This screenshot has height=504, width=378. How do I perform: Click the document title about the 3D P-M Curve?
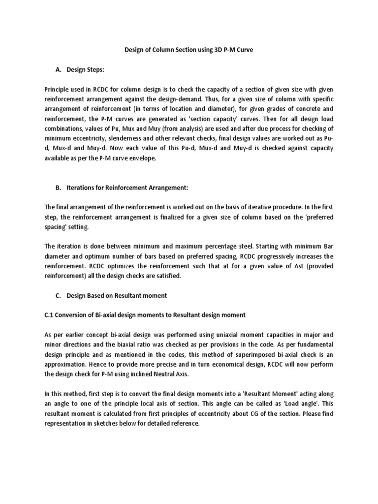(x=188, y=51)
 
